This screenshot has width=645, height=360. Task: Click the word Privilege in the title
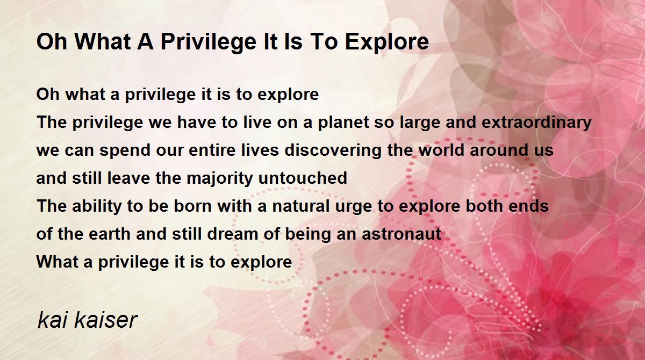(209, 42)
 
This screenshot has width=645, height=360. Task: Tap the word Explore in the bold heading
(387, 42)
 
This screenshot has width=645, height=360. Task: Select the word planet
(343, 123)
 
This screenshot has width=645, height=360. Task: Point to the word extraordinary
(536, 123)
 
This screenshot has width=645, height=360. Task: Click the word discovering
(333, 150)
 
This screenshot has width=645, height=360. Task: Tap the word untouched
(303, 178)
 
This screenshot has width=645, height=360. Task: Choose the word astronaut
(402, 234)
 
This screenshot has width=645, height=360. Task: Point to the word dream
(233, 234)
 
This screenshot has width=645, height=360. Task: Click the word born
(193, 206)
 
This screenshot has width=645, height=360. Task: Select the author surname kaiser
(106, 320)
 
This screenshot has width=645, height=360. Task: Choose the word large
(420, 123)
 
